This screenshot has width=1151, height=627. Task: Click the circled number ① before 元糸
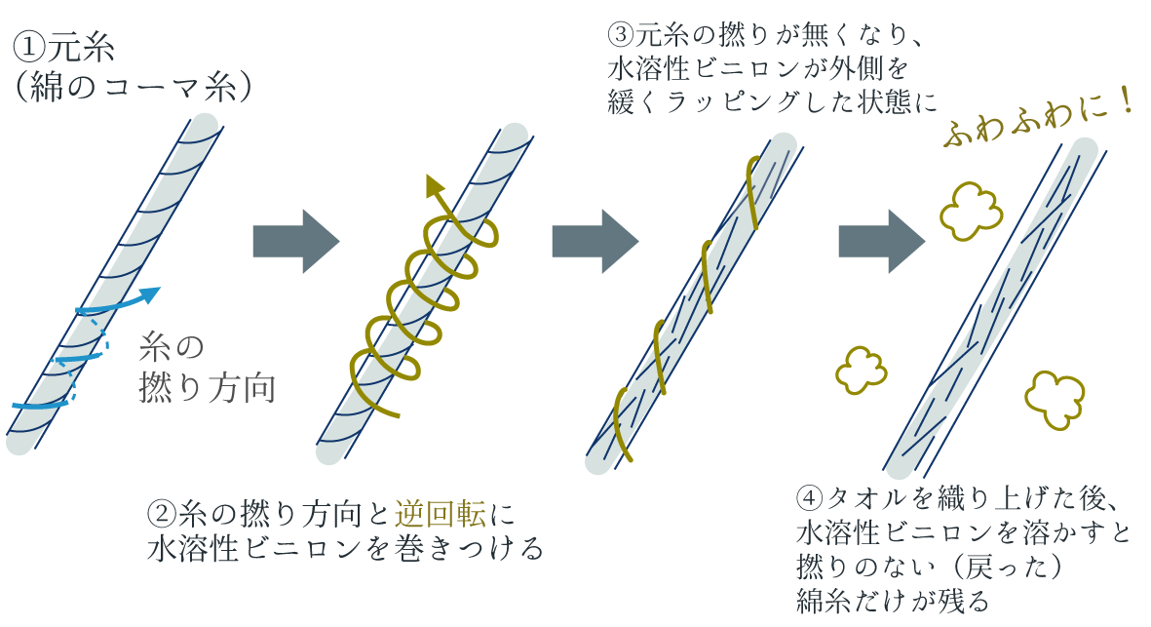click(x=29, y=48)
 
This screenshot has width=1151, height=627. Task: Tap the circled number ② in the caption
click(x=162, y=512)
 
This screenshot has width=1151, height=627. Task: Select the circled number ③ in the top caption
click(x=621, y=34)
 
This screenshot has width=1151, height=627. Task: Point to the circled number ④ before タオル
click(x=810, y=497)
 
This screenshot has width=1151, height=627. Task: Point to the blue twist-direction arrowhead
click(x=149, y=294)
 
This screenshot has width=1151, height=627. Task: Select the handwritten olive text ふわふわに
click(x=1023, y=124)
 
